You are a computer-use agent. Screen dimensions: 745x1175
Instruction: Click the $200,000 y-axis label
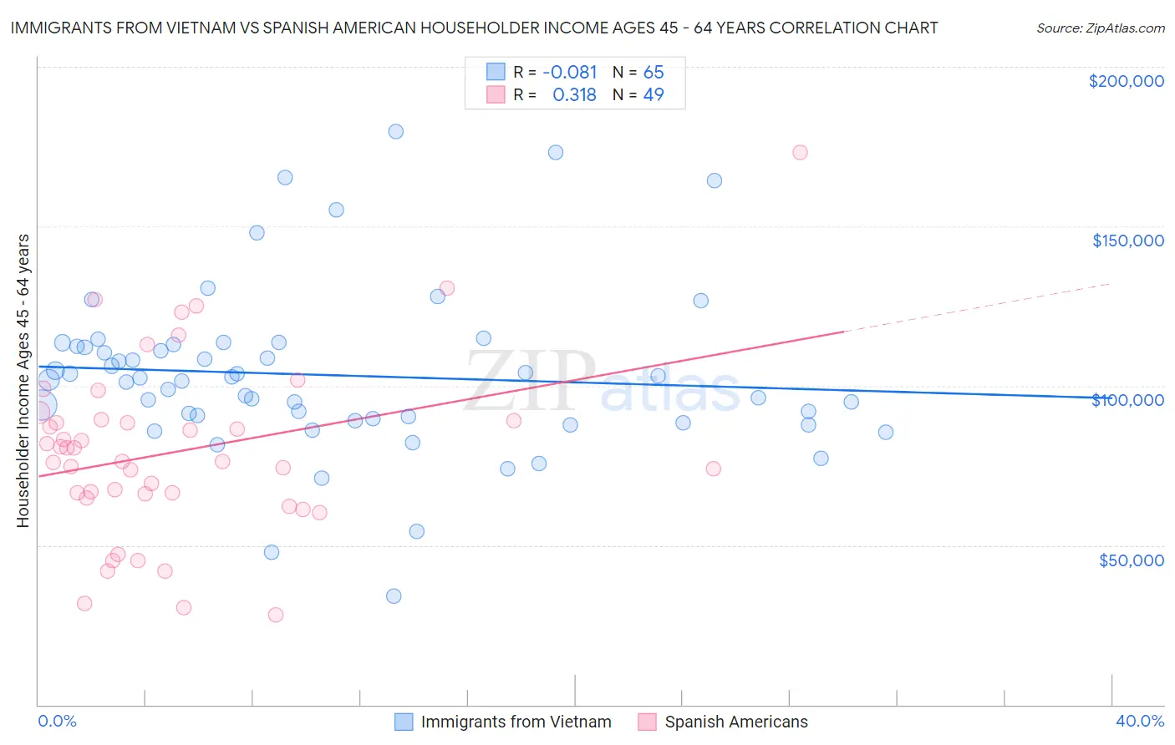(x=1126, y=81)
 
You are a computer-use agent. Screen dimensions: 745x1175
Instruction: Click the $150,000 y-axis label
(x=1127, y=241)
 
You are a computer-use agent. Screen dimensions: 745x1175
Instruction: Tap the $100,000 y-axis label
(x=1127, y=400)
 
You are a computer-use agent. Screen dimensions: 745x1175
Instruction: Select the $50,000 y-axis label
(x=1131, y=560)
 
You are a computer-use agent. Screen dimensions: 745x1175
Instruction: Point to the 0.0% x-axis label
(x=57, y=721)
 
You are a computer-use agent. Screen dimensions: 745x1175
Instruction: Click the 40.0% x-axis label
(x=1140, y=721)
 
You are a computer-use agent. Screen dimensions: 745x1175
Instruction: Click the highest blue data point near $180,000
(x=396, y=131)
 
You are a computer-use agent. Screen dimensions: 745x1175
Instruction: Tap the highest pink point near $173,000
(x=800, y=152)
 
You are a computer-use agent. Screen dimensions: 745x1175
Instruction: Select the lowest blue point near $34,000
(x=394, y=596)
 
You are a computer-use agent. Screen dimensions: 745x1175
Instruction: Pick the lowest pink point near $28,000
(x=276, y=615)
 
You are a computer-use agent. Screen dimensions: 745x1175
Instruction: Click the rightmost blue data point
(x=886, y=432)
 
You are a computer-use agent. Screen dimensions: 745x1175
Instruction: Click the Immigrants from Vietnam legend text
(x=516, y=722)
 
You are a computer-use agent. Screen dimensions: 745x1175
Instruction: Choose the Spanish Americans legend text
(x=735, y=722)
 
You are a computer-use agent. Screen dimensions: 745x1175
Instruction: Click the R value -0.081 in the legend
(x=569, y=73)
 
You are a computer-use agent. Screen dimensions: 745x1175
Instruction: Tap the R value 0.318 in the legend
(x=574, y=95)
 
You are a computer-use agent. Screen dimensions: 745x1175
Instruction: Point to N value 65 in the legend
(x=654, y=73)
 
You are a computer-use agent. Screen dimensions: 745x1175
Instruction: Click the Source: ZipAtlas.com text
(x=1100, y=28)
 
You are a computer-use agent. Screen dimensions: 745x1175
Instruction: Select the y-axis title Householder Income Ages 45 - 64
(x=23, y=380)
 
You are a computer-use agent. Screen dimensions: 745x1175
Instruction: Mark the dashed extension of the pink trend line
(x=978, y=307)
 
